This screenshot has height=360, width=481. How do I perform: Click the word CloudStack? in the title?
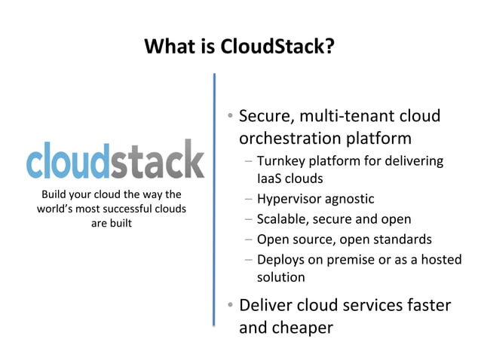tap(277, 47)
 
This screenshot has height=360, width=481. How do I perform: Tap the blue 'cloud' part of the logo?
tap(69, 160)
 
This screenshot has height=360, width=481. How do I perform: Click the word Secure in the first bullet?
tap(265, 117)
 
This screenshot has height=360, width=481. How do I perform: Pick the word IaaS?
tap(269, 178)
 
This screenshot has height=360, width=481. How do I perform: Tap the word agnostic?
tap(351, 200)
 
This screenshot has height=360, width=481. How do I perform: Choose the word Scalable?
tap(281, 219)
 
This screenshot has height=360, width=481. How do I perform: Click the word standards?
tap(405, 239)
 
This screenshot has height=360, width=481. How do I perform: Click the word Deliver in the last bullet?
tap(267, 306)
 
